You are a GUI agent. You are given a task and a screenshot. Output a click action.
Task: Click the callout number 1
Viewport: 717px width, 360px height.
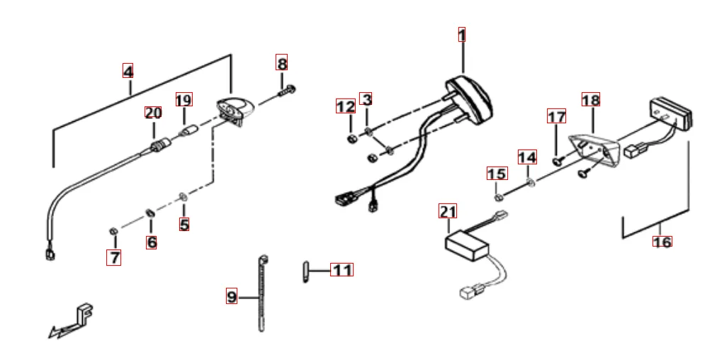pyautogui.click(x=462, y=35)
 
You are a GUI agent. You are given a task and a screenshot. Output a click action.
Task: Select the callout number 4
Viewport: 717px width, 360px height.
pyautogui.click(x=128, y=72)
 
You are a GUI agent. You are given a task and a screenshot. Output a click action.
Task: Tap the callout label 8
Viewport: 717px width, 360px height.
pyautogui.click(x=282, y=63)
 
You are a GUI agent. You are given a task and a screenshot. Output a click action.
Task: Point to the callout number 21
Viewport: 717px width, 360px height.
pyautogui.click(x=448, y=211)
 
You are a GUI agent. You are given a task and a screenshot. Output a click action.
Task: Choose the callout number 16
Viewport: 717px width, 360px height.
pyautogui.click(x=662, y=242)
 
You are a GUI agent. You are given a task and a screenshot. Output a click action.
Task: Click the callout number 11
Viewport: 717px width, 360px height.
pyautogui.click(x=342, y=270)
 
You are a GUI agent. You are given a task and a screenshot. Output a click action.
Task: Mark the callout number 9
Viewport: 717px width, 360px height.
pyautogui.click(x=232, y=297)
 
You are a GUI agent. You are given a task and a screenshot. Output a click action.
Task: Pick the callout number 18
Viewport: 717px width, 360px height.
pyautogui.click(x=590, y=100)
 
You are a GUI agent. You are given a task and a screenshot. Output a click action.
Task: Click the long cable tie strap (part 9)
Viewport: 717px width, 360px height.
pyautogui.click(x=262, y=294)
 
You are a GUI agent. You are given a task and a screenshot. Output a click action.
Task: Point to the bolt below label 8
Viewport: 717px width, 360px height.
pyautogui.click(x=288, y=90)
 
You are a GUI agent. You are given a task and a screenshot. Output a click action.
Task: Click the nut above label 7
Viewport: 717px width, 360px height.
pyautogui.click(x=113, y=231)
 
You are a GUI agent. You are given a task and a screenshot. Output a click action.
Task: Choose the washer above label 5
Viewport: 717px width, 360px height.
pyautogui.click(x=184, y=195)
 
